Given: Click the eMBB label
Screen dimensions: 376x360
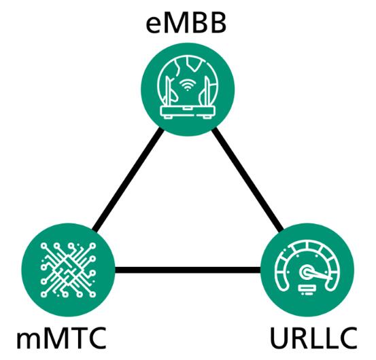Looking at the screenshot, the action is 186,24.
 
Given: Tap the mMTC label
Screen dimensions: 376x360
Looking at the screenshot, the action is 61,338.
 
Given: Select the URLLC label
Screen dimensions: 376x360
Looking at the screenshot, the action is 313,338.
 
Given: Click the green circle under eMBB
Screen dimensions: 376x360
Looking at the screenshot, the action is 188,90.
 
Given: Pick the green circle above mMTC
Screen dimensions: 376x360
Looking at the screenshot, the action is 69,270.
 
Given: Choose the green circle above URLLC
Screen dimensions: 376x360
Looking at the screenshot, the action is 307,270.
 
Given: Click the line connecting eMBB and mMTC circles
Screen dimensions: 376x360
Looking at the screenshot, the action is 128,179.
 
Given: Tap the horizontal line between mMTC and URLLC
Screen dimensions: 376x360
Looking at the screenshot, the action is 188,270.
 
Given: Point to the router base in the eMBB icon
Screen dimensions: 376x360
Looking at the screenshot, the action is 187,112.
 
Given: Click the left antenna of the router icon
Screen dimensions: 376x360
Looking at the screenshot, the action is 169,90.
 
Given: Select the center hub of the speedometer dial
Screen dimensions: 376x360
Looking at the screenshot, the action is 307,272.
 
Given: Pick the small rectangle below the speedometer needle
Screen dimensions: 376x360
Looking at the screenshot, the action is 307,288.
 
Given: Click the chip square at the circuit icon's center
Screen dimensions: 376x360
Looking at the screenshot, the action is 68,270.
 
